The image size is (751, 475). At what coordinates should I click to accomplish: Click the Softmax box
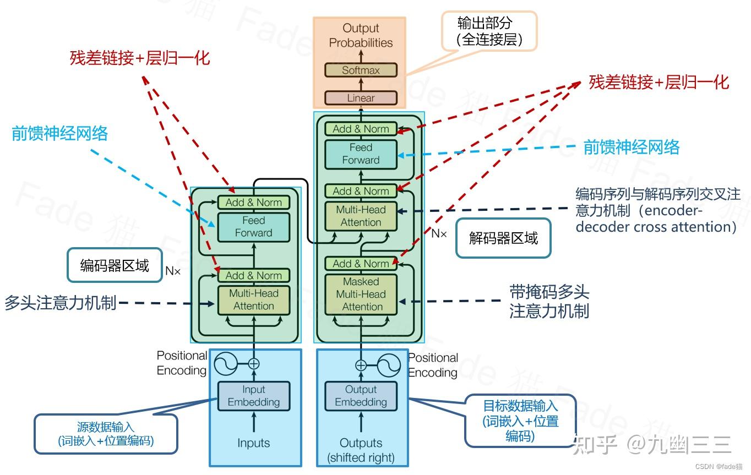pos(361,70)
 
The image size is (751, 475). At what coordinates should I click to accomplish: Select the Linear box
pos(361,98)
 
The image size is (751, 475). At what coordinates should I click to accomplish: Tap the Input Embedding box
pos(253,396)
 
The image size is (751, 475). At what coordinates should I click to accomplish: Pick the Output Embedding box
pos(361,396)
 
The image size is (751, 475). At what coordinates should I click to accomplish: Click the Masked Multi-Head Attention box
pos(361,294)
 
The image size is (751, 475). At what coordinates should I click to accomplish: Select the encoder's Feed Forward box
pos(253,227)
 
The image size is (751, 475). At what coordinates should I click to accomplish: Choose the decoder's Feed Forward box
pos(361,154)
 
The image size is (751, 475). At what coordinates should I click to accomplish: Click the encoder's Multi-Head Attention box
pos(253,299)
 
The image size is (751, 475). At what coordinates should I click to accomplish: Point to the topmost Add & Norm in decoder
pos(361,129)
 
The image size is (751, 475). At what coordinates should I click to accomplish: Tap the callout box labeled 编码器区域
pos(115,266)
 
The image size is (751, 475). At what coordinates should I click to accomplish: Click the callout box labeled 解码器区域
pos(503,238)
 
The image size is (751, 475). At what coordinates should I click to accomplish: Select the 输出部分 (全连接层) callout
pos(489,31)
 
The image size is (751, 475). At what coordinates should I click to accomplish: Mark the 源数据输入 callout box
pos(106,434)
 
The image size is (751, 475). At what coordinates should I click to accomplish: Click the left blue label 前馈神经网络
pos(59,133)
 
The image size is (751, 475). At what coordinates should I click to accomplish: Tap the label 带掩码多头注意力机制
pos(549,302)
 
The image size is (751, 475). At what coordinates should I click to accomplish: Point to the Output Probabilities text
pos(361,35)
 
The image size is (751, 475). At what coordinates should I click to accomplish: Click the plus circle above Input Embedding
pos(253,363)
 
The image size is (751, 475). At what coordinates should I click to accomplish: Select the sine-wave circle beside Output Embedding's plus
pos(389,365)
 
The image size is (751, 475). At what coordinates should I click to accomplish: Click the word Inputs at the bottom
pos(253,443)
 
